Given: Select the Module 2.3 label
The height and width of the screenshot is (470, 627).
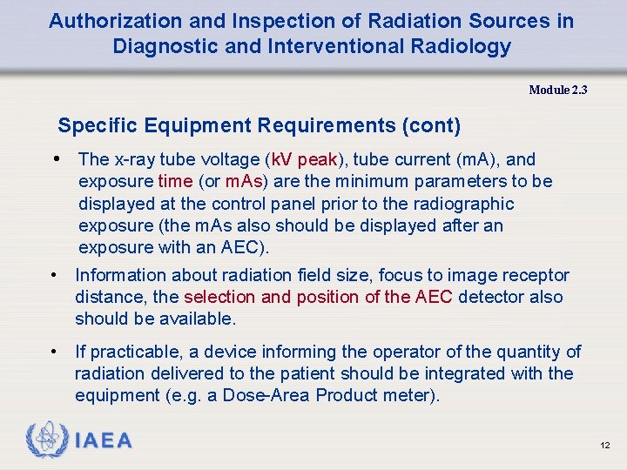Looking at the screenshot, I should pyautogui.click(x=558, y=90).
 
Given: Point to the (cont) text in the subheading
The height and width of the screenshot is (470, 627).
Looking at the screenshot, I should pyautogui.click(x=430, y=125).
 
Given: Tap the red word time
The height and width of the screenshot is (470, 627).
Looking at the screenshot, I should pyautogui.click(x=175, y=181).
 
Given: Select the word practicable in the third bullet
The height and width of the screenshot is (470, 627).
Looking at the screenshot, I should pyautogui.click(x=138, y=352).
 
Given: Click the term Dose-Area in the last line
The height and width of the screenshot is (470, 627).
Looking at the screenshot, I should pyautogui.click(x=270, y=395).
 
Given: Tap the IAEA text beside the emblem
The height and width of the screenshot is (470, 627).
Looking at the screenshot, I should pyautogui.click(x=104, y=441).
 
